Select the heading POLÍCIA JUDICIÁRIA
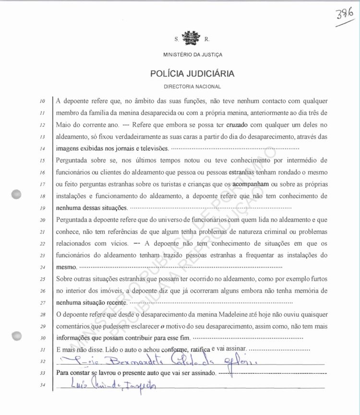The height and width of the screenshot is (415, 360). (x=192, y=73)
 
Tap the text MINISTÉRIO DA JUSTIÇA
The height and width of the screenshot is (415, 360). (x=192, y=55)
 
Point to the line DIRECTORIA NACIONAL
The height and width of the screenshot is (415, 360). (x=192, y=87)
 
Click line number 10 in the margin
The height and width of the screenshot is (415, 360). (x=42, y=102)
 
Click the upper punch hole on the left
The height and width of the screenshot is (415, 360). (x=17, y=195)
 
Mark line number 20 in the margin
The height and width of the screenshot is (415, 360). (x=42, y=220)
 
